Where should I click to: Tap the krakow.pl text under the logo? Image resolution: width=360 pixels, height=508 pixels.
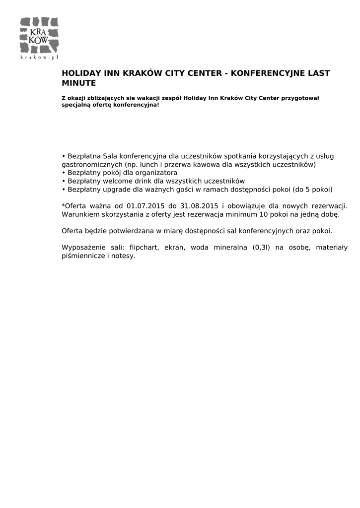click(39, 58)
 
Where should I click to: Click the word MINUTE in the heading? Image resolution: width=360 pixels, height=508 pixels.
click(78, 83)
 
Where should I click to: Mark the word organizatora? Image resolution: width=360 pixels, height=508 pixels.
click(153, 173)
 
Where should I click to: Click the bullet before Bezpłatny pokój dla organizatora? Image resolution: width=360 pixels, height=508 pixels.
click(64, 173)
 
